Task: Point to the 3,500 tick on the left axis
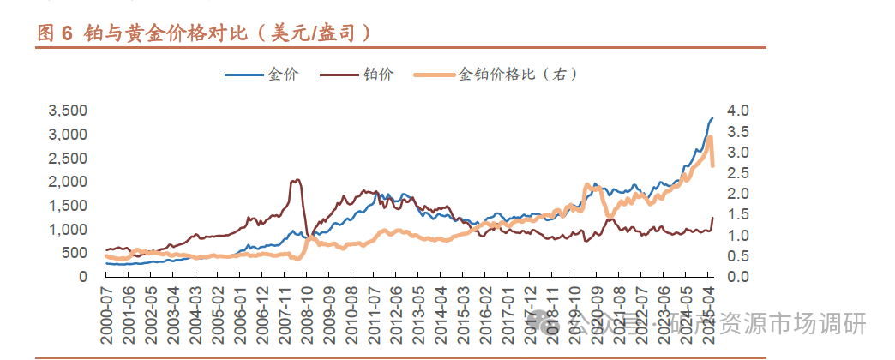68,111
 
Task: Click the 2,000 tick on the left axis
68,182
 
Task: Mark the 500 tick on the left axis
75,253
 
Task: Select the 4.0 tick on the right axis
737,111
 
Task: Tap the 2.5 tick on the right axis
737,173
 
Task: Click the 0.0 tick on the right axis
737,277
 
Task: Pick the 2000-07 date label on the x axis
107,315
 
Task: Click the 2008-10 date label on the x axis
306,315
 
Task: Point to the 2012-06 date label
395,315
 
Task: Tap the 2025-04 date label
708,315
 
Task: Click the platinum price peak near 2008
297,180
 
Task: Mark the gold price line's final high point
712,118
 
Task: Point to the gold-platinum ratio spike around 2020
586,185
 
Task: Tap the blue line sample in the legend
243,75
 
